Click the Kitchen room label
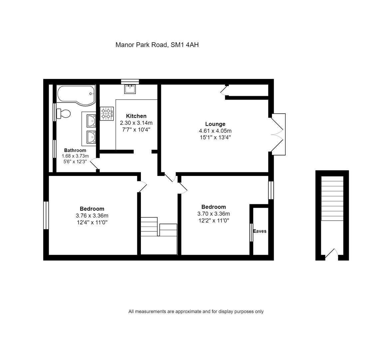[x=136, y=116]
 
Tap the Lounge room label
[x=215, y=124]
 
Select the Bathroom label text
[x=75, y=150]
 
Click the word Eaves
[x=260, y=231]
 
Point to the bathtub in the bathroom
[x=76, y=94]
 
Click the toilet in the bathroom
[x=63, y=114]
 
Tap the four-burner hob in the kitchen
[x=107, y=113]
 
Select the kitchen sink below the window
[x=130, y=89]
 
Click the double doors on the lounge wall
[x=277, y=134]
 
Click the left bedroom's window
[x=46, y=215]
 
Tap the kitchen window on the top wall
[x=130, y=81]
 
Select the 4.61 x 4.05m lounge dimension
[x=215, y=131]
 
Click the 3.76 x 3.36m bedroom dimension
[x=92, y=216]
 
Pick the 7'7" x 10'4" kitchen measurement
[x=136, y=130]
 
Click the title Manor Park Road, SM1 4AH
[x=157, y=45]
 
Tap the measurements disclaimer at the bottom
[x=196, y=312]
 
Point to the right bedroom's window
[x=271, y=190]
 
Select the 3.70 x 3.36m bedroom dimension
[x=214, y=214]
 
